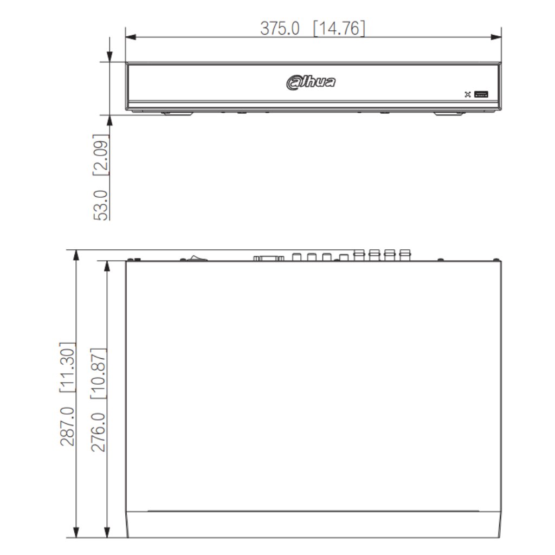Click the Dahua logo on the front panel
(x=311, y=82)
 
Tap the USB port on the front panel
(x=481, y=94)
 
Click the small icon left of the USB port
(x=468, y=94)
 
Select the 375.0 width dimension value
(x=280, y=28)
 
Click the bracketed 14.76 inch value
(x=339, y=28)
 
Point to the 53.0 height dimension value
(x=101, y=205)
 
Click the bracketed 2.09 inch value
(x=101, y=154)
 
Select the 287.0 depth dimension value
(x=67, y=426)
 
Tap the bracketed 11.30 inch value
(x=67, y=367)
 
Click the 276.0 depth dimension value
(x=99, y=432)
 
